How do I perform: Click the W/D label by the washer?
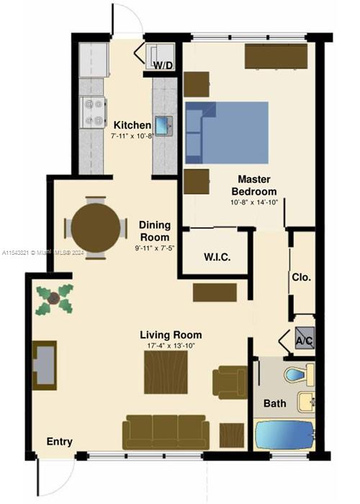coord(163,66)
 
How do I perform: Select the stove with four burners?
coord(92,111)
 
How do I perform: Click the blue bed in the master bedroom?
coord(227,132)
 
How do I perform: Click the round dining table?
coord(96,227)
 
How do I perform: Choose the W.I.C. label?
coord(217,257)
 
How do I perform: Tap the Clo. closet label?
coord(301,276)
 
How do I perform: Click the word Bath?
coord(274,404)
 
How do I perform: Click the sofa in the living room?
coord(166,431)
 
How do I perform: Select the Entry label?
coord(60,441)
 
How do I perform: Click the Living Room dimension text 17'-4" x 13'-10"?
coord(171,347)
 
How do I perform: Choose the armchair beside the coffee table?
coord(230,379)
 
